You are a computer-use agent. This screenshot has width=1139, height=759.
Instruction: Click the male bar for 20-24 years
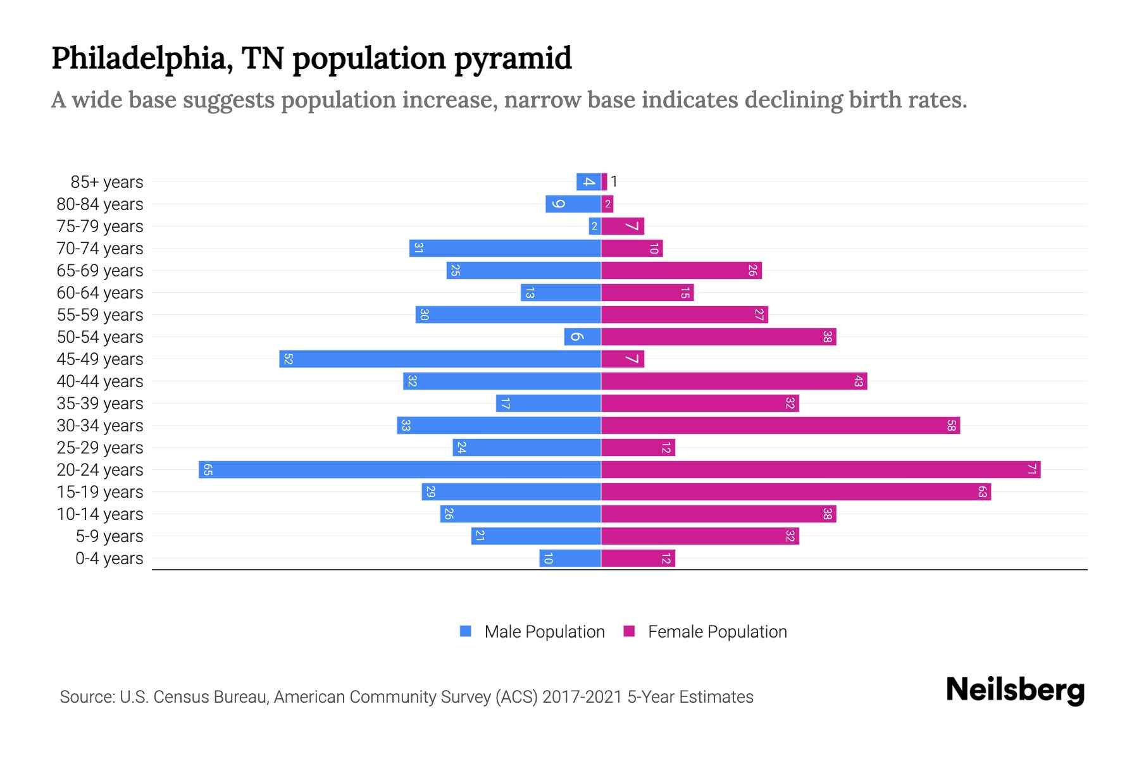click(x=400, y=470)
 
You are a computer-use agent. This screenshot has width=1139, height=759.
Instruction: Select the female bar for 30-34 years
click(x=780, y=426)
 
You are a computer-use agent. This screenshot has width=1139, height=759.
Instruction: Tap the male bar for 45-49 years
click(x=440, y=359)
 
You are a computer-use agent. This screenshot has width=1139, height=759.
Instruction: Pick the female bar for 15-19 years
click(x=796, y=492)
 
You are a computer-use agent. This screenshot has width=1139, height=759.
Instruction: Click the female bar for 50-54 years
click(x=718, y=337)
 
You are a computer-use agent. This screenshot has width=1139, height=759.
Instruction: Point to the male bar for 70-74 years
click(x=505, y=249)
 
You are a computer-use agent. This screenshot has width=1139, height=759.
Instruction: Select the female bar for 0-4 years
click(x=638, y=558)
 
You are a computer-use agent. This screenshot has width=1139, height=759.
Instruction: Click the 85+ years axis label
click(x=107, y=182)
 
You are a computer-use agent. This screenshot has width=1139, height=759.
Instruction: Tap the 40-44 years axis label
click(x=100, y=381)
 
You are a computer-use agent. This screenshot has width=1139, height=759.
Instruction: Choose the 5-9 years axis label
click(x=109, y=536)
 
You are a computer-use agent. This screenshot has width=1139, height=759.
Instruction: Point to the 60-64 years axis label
click(x=100, y=293)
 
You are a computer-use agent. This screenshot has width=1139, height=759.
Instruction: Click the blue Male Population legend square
click(x=466, y=631)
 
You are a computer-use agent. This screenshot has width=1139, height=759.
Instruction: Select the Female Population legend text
click(x=717, y=632)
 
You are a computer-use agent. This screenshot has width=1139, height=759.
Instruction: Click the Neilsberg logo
click(x=1015, y=690)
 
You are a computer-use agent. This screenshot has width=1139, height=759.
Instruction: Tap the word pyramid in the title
click(x=513, y=59)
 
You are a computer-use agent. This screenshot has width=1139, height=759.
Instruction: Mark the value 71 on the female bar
click(x=1031, y=470)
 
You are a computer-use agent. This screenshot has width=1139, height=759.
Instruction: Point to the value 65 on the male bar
click(x=208, y=470)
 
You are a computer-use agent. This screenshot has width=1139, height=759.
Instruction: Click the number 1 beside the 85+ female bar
click(x=614, y=182)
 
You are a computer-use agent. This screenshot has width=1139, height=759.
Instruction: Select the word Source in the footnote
click(x=87, y=697)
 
